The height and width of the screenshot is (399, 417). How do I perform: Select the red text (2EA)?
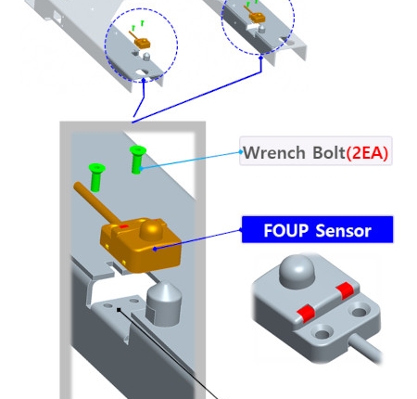pyautogui.click(x=367, y=152)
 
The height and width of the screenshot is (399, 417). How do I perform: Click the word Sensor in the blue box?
pyautogui.click(x=344, y=230)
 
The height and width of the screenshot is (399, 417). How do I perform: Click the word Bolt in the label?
pyautogui.click(x=329, y=152)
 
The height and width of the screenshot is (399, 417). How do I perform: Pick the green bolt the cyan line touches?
pyautogui.click(x=137, y=160)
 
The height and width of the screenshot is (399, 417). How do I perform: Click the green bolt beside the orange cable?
pyautogui.click(x=96, y=177)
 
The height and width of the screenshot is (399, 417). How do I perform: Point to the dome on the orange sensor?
pyautogui.click(x=152, y=229)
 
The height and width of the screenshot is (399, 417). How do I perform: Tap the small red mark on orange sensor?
pyautogui.click(x=123, y=226)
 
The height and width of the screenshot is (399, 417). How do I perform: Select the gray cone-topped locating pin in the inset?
pyautogui.click(x=163, y=304)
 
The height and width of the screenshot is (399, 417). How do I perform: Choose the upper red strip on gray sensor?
pyautogui.click(x=345, y=290)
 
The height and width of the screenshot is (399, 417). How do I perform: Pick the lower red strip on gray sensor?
pyautogui.click(x=306, y=313)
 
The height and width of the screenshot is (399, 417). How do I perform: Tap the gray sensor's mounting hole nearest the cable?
pyautogui.click(x=322, y=333)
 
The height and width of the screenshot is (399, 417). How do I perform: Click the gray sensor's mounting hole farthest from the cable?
pyautogui.click(x=360, y=312)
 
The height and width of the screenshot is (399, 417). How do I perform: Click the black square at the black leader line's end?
pyautogui.click(x=119, y=310)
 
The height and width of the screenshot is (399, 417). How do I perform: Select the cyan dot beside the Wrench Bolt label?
pyautogui.click(x=241, y=151)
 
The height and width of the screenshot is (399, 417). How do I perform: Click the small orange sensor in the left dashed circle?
pyautogui.click(x=142, y=44)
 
